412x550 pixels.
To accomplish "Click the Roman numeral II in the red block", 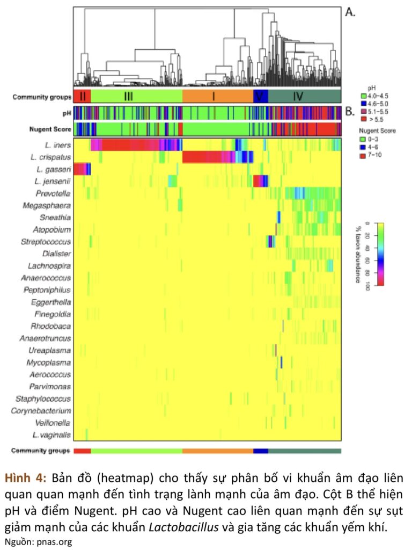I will pos(82,97).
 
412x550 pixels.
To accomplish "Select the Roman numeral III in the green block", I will pos(128,97).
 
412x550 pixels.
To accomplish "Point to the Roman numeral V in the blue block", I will pos(261,97).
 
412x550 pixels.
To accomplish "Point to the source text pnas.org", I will pos(54,542).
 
